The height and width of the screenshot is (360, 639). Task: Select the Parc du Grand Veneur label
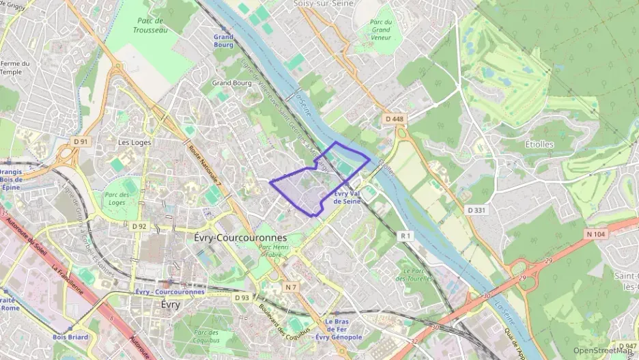(380, 30)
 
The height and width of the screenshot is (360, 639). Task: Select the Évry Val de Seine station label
(346, 197)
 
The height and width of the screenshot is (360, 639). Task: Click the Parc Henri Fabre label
(274, 250)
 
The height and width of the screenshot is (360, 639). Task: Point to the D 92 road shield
(139, 225)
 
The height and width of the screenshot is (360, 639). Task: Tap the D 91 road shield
(81, 141)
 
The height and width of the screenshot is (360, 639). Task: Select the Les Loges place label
(134, 143)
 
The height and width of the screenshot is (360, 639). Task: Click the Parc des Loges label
(117, 198)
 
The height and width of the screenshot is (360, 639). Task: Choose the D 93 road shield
(242, 298)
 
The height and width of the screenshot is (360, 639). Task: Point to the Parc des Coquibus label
(205, 336)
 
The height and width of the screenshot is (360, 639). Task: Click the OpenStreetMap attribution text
(601, 350)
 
